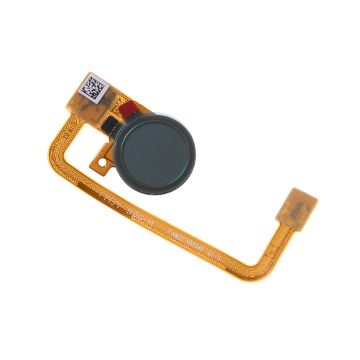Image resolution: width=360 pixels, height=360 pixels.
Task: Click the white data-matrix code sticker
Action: pos(94,88)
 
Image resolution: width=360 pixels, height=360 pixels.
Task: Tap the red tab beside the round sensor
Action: pos(129,111)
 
